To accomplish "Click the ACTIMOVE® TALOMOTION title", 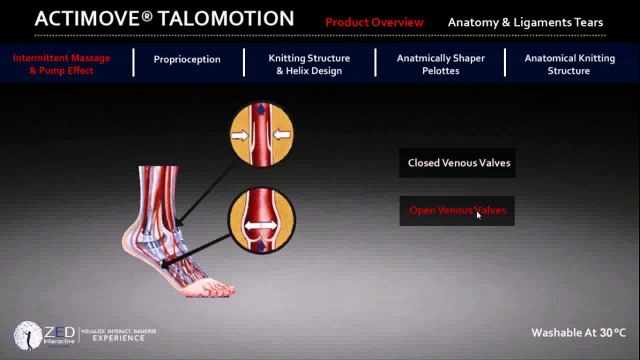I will pos(165,19).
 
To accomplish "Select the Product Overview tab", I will pos(374,22).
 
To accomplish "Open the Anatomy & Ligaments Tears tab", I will pos(525,22).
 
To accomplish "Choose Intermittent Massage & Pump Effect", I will pos(61,64).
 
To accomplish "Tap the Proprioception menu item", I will pos(187,59).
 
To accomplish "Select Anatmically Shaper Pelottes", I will pos(441,64).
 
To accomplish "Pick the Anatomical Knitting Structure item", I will pos(569,64).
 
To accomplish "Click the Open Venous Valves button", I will pos(457,211).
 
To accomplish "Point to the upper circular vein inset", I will pos(261,133).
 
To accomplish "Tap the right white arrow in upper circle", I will pos(281,133).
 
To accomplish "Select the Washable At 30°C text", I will pos(578,332).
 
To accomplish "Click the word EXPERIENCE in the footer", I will pos(119,338).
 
